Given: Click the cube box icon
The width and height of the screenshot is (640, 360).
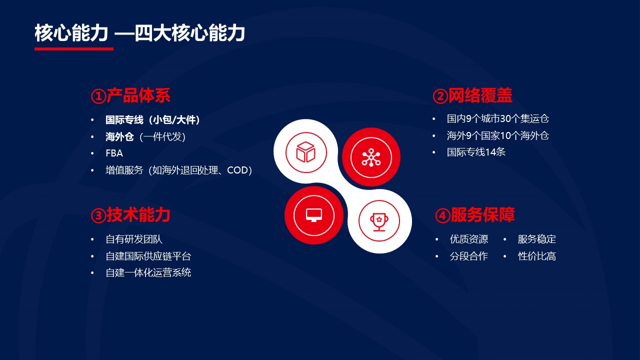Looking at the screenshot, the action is coord(305,152).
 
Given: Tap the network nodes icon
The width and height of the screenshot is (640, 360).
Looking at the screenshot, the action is coord(371,157).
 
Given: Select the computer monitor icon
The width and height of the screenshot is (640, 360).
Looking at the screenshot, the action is coord(314,215).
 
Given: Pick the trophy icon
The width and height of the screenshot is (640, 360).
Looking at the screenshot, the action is coord(379,221).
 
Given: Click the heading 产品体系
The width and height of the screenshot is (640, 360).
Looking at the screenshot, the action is coord(138,95).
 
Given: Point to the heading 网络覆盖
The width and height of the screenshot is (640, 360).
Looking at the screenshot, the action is coord(480,95).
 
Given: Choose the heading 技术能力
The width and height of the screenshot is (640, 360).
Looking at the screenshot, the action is coord(138,215).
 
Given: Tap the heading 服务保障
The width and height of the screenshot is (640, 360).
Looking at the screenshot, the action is coord(482,215).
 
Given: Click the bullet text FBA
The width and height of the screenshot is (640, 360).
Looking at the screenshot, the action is coord(114,153).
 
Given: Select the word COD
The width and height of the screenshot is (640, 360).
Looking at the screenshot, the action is coord(237,170).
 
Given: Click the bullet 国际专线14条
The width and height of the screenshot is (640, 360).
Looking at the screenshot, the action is coord(476,152).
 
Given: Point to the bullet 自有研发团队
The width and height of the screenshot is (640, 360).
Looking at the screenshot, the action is coord(134,239).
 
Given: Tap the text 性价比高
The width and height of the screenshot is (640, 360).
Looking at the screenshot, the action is coord(537,256).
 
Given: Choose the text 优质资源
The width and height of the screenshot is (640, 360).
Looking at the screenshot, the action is coord(469,239).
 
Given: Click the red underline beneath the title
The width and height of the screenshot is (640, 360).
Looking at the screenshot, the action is coord(74,49).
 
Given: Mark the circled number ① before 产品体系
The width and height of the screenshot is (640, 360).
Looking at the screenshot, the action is coord(98,96).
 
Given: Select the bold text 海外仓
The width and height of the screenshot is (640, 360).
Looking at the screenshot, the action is coord(119,136).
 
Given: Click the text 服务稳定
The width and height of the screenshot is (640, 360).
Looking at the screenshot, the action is coord(537,239).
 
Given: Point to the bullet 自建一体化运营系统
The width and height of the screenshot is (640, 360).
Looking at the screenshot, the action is coord(148,272).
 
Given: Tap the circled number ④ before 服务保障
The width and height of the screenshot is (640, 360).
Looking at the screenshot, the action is coord(442,215).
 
